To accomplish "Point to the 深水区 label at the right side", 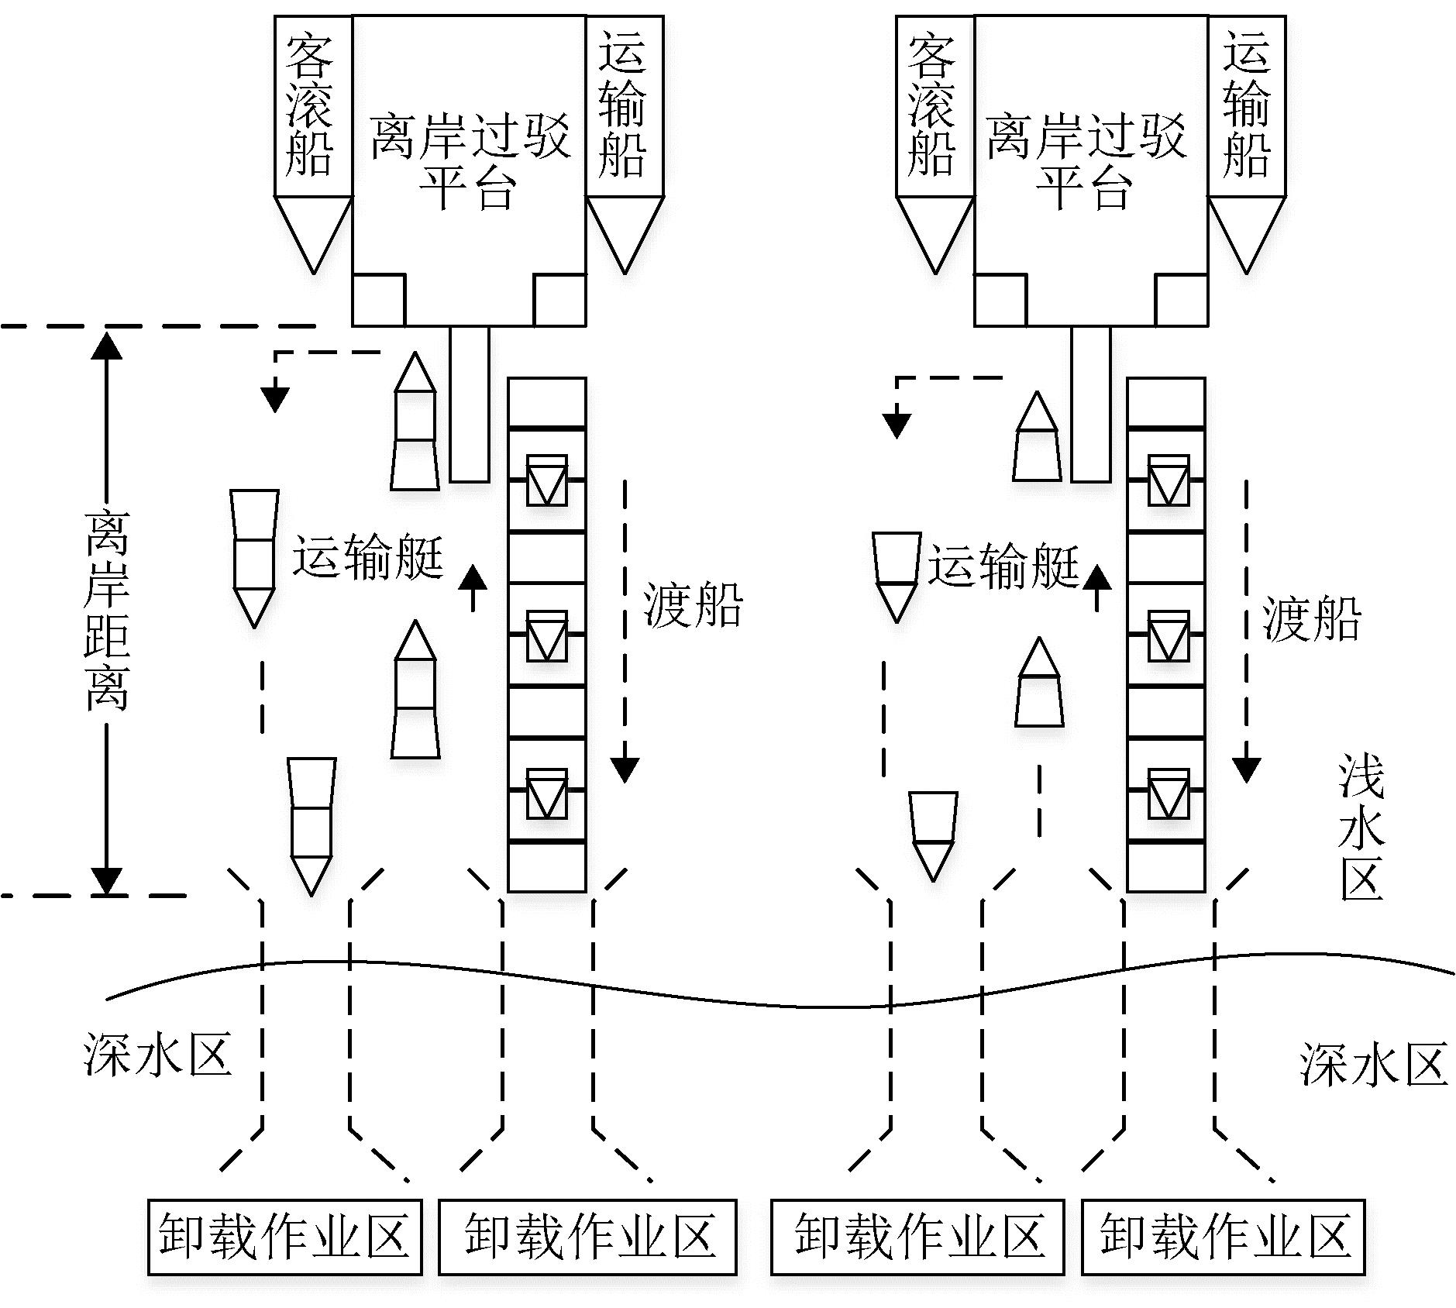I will tap(1373, 1064).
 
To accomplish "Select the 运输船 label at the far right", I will tap(1247, 105).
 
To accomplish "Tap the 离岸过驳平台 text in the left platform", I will tap(469, 161).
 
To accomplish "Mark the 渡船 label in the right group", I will tap(1311, 618).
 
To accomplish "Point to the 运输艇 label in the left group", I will tap(367, 556).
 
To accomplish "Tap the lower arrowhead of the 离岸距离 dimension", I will tap(106, 880).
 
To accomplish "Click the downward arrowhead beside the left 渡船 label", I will tap(625, 769).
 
